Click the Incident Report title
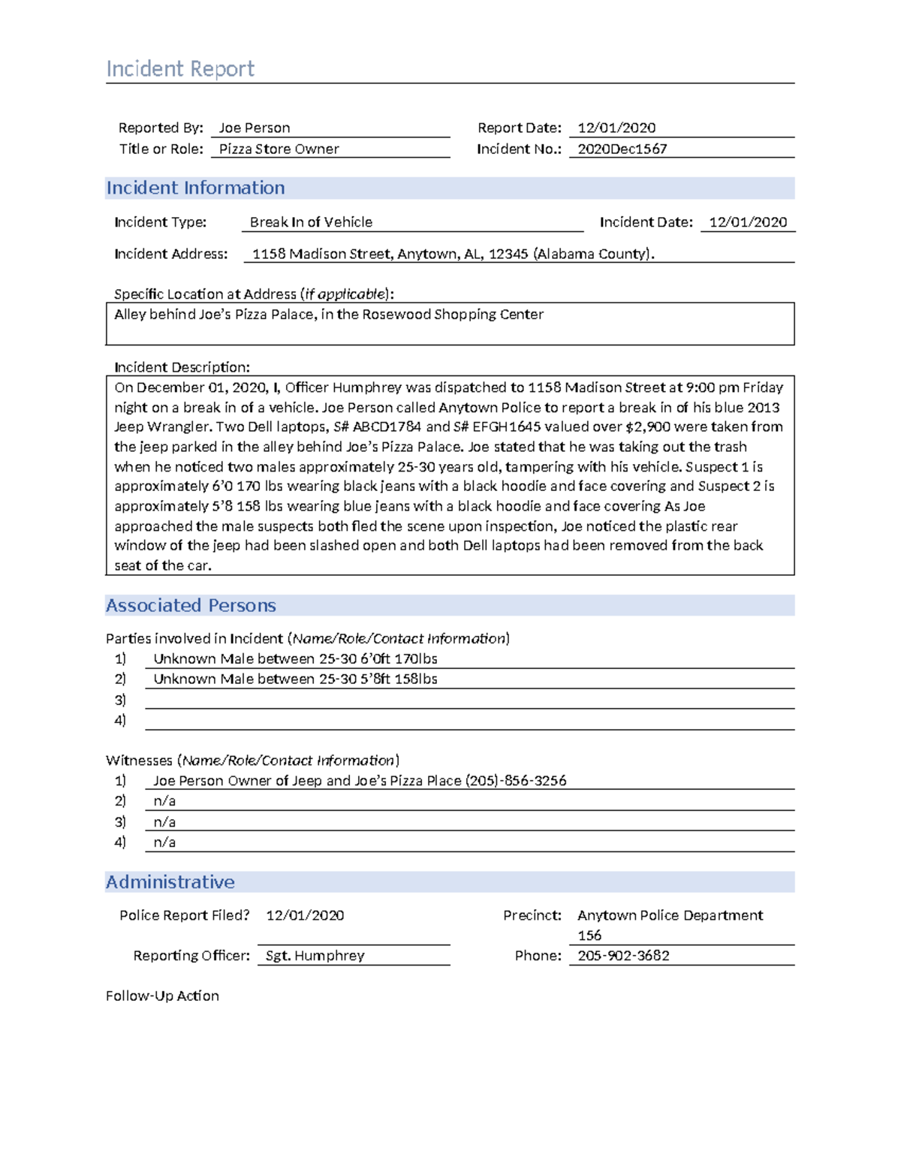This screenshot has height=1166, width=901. click(x=180, y=69)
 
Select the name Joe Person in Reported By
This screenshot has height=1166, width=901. click(x=254, y=128)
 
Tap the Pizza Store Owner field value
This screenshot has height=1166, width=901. click(x=279, y=149)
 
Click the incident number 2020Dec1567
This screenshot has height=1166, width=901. click(x=622, y=149)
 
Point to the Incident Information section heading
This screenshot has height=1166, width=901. click(x=195, y=188)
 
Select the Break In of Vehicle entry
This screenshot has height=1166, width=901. click(x=311, y=222)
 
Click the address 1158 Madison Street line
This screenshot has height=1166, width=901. click(x=453, y=254)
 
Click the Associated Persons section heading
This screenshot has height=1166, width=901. click(x=191, y=605)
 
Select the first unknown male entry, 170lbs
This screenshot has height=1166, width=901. click(x=295, y=659)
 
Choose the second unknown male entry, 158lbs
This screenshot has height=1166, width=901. click(x=295, y=679)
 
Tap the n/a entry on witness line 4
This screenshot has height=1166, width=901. click(x=164, y=842)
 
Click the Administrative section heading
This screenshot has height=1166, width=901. click(x=170, y=882)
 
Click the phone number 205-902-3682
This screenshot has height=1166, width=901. click(x=623, y=956)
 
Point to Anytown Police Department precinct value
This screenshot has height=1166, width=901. click(x=670, y=915)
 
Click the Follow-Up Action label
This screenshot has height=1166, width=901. click(x=162, y=996)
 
